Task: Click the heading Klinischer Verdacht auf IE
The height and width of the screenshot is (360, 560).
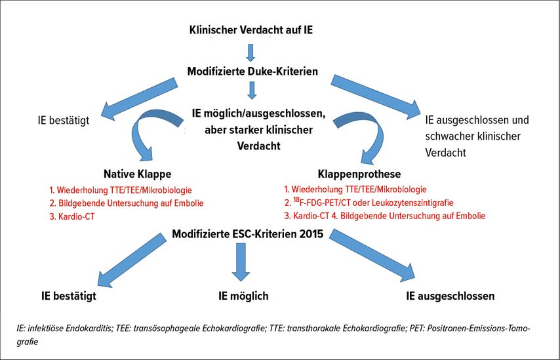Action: [x=251, y=30]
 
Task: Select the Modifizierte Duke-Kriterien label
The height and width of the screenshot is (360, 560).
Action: [x=252, y=71]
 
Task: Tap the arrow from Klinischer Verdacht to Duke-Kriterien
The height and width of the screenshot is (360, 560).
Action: [x=251, y=52]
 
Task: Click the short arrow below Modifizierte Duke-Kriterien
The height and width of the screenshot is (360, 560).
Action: [x=252, y=90]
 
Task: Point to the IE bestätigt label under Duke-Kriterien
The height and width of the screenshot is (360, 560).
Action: [x=63, y=121]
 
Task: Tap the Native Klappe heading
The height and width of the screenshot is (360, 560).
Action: [x=138, y=174]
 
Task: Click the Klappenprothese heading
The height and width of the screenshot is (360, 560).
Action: [x=359, y=174]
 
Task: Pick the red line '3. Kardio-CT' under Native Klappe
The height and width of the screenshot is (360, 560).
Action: [x=71, y=216]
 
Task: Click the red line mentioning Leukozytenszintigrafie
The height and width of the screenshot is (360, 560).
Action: [x=369, y=203]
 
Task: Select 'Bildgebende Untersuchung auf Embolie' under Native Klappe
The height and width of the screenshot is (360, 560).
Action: [x=130, y=203]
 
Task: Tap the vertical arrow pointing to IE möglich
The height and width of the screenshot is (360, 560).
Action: [x=241, y=262]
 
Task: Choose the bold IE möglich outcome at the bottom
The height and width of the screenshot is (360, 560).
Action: [x=243, y=296]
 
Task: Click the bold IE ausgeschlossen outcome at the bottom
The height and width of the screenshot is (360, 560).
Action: [x=450, y=296]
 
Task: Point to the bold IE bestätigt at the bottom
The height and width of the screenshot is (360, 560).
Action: [x=69, y=296]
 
